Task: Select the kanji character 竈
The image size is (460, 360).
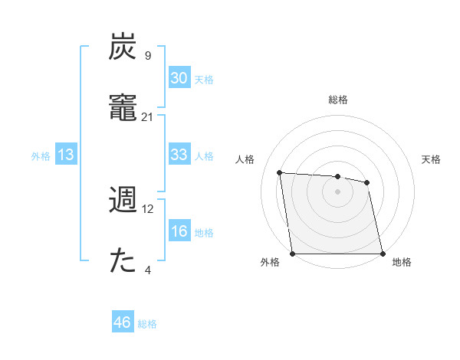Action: click(x=123, y=108)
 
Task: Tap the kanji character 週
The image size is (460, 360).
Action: click(x=123, y=200)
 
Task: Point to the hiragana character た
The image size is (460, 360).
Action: click(x=123, y=261)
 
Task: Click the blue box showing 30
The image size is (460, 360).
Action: click(x=179, y=78)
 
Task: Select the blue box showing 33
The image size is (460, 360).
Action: click(x=179, y=155)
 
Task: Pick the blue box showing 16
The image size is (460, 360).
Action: click(x=179, y=232)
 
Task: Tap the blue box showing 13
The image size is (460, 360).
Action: click(x=66, y=155)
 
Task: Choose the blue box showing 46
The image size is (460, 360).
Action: click(x=123, y=322)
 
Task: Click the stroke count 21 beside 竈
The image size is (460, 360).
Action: click(x=147, y=117)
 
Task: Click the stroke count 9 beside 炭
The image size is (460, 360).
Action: click(x=147, y=56)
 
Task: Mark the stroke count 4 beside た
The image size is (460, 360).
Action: click(x=147, y=270)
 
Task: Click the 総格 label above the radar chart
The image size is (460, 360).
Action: click(x=337, y=100)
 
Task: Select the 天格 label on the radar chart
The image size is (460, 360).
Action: click(x=431, y=159)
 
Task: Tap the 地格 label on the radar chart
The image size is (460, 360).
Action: click(x=402, y=262)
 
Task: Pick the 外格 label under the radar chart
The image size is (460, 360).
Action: click(x=270, y=262)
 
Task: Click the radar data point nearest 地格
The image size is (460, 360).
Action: click(x=382, y=254)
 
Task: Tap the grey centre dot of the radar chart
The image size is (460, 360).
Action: click(x=337, y=191)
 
